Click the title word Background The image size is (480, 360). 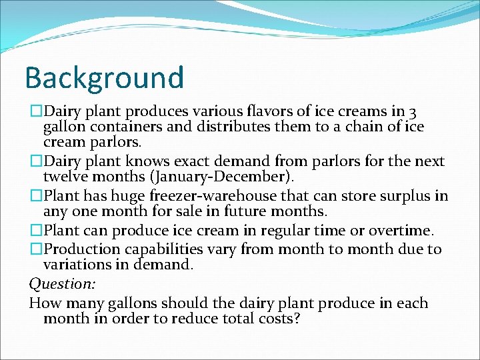[104, 77]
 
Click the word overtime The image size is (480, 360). [401, 230]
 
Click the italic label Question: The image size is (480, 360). [62, 283]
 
